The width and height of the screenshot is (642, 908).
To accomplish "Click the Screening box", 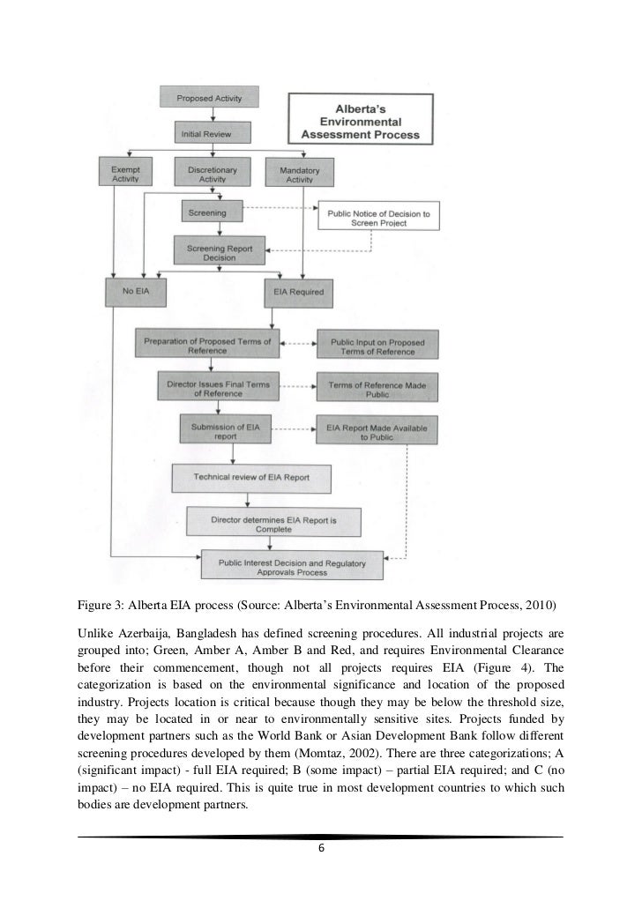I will click(208, 212).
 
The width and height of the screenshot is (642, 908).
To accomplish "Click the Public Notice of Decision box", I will click(378, 217).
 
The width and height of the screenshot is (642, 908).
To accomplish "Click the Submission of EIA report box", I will click(232, 429).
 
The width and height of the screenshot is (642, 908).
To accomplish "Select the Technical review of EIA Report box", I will click(251, 477).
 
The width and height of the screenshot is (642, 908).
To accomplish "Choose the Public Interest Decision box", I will click(290, 566).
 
